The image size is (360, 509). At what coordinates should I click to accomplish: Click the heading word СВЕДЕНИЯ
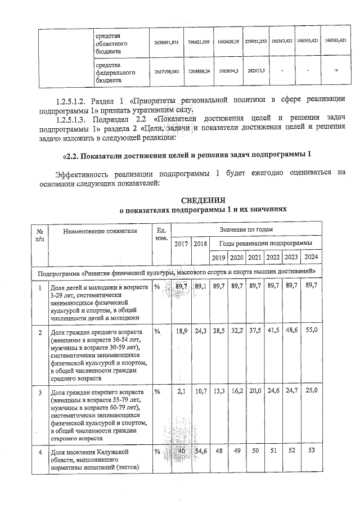click(x=203, y=200)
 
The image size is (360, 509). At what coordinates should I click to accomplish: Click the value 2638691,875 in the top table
click(x=166, y=42)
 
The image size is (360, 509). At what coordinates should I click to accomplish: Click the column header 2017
click(x=181, y=244)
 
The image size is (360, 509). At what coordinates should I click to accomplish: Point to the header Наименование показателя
click(x=100, y=231)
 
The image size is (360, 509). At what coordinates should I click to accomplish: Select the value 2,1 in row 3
click(x=182, y=390)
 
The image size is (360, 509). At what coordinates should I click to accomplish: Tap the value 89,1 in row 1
click(x=200, y=287)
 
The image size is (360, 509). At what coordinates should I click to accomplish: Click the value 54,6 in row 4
click(x=200, y=451)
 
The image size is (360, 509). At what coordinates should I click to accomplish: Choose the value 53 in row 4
click(x=311, y=451)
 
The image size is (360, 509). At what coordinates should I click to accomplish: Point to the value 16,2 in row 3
click(x=237, y=390)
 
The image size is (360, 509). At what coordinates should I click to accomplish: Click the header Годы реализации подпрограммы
click(x=264, y=244)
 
